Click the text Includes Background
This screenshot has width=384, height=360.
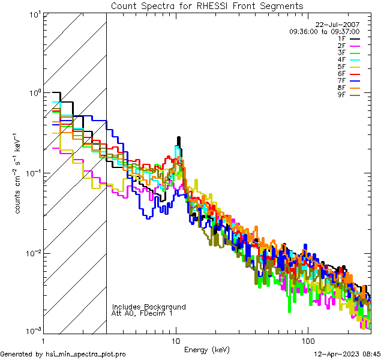(x=149, y=307)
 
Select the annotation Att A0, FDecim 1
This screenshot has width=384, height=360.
(x=142, y=313)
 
